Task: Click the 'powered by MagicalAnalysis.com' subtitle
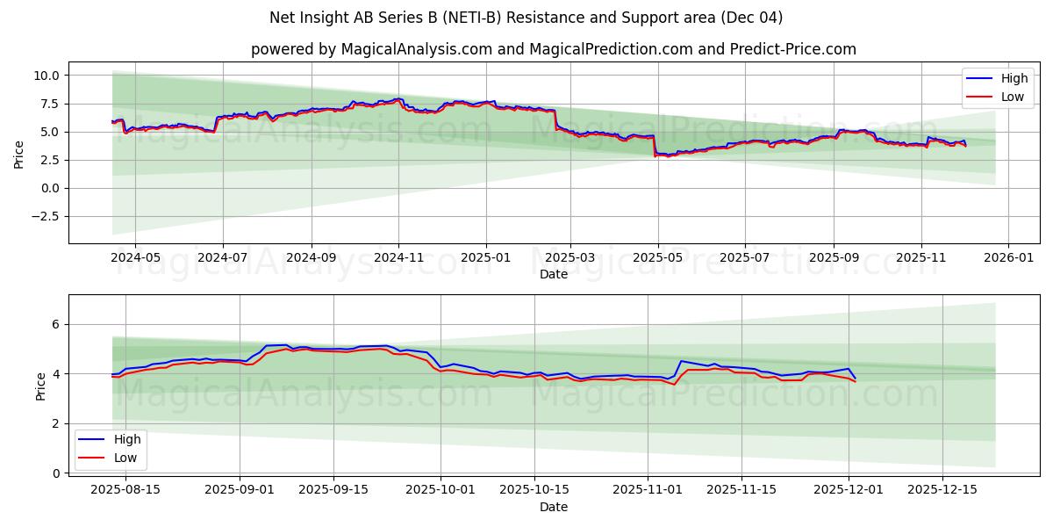tap(553, 49)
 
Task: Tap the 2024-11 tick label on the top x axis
tap(398, 258)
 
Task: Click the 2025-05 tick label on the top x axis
tap(658, 258)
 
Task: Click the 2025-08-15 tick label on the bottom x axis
tap(125, 488)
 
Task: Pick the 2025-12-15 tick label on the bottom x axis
tap(942, 488)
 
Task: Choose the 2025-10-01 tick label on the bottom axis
tap(440, 488)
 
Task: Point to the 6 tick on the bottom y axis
tap(54, 324)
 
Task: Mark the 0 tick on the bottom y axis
tap(54, 473)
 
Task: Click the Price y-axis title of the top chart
tap(19, 153)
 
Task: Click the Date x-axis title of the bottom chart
tap(553, 507)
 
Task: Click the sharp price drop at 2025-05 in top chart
tap(655, 145)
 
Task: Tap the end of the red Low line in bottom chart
tap(855, 381)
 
